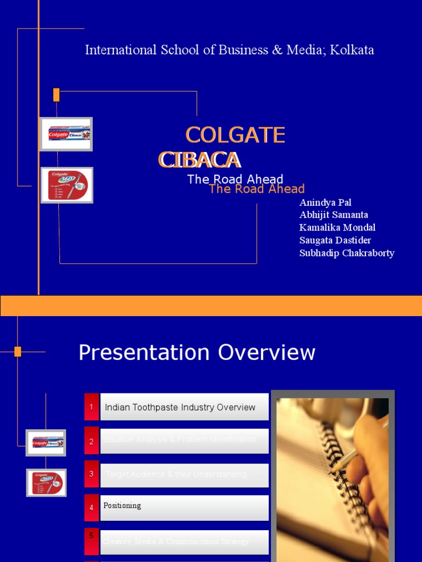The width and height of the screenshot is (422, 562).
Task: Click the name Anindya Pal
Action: tap(325, 203)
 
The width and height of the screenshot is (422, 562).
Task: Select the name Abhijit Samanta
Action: tap(334, 215)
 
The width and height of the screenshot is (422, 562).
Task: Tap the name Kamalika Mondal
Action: tap(337, 228)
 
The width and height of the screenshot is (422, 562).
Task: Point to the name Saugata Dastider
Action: tap(335, 240)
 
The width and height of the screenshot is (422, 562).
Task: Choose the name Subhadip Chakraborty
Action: tap(347, 253)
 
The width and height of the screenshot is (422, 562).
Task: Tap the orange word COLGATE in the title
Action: tap(235, 135)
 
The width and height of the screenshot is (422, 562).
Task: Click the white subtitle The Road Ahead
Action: tap(235, 179)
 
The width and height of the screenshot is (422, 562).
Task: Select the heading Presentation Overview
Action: tap(197, 353)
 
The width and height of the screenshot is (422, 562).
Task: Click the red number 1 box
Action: tap(92, 407)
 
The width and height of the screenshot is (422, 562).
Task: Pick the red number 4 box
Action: tap(92, 508)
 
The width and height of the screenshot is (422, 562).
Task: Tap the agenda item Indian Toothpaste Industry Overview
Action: tap(180, 407)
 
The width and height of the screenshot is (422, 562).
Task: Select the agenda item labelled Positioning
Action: tap(123, 505)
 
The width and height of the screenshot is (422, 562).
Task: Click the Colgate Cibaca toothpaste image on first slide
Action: tap(66, 134)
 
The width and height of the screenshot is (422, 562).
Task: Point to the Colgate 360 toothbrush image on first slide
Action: tap(67, 185)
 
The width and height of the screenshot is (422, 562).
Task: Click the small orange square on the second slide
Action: tap(18, 352)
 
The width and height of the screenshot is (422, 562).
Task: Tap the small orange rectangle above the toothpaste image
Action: tap(56, 95)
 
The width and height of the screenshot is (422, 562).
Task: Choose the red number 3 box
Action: tap(92, 474)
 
